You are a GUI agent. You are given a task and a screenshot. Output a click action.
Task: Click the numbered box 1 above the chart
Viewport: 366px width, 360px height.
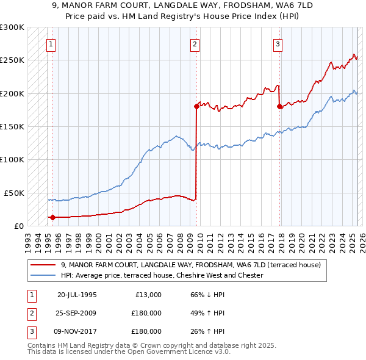(x=51, y=43)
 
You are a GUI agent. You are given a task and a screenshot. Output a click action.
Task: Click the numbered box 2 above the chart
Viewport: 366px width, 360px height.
(x=195, y=43)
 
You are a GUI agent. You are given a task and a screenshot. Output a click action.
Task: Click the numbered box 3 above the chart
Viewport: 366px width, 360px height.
(x=278, y=43)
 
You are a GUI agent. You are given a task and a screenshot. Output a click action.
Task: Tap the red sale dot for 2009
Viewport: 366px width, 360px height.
(x=196, y=106)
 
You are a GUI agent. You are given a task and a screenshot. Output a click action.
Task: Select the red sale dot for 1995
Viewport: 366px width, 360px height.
(x=52, y=217)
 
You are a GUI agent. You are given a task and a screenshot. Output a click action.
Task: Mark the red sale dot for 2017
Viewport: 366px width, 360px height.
(x=279, y=106)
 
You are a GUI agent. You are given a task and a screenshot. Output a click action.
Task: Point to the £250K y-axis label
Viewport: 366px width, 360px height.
(x=12, y=60)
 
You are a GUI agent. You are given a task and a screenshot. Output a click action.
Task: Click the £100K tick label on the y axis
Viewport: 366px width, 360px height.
(x=12, y=159)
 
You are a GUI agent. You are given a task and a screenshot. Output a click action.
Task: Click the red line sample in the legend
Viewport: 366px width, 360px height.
(x=43, y=265)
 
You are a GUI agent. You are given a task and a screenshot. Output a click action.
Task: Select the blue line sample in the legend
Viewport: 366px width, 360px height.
(x=43, y=275)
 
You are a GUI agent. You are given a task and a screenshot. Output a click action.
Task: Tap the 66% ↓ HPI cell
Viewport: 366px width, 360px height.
(x=207, y=295)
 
